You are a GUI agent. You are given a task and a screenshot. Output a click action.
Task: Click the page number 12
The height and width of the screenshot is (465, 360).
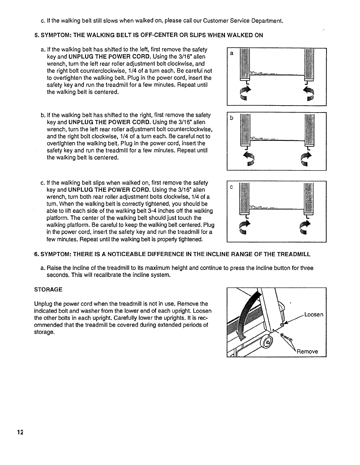tap(20, 432)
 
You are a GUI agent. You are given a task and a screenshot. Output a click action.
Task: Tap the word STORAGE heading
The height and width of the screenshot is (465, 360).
tap(48, 290)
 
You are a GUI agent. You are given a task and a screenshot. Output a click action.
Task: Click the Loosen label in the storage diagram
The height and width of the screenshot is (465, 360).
tap(314, 315)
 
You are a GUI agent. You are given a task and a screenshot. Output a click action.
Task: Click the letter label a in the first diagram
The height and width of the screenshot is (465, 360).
tap(232, 53)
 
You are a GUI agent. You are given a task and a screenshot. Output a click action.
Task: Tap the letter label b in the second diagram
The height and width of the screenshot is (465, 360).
tap(232, 118)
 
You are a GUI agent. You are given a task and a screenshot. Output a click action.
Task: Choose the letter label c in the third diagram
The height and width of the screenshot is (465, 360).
tap(232, 187)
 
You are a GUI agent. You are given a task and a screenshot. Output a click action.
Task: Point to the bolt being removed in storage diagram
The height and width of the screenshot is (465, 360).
tap(286, 337)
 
